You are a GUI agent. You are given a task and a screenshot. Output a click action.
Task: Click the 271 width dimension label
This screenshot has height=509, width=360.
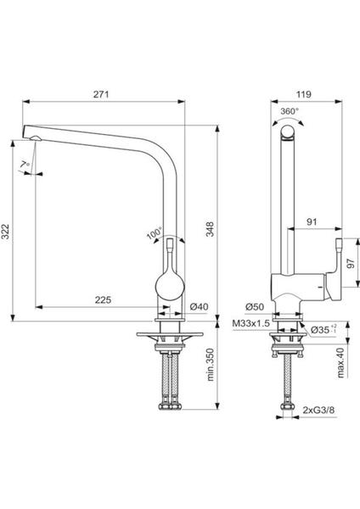[x=101, y=94]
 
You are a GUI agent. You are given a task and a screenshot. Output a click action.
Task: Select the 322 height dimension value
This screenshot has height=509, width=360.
[x=6, y=232]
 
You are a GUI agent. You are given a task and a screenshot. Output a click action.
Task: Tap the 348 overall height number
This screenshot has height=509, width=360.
[x=211, y=229]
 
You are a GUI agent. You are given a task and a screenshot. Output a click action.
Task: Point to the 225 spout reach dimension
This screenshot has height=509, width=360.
[x=103, y=299]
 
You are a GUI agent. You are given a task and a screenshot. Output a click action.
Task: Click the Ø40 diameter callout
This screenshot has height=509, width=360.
[x=199, y=307]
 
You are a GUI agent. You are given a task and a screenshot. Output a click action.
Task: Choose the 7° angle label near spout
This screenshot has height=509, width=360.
[x=25, y=165]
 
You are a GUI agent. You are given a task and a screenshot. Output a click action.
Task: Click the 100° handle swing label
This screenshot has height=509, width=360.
[x=154, y=233]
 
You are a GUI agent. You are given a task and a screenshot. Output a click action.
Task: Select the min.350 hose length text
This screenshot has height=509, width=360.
[x=211, y=365]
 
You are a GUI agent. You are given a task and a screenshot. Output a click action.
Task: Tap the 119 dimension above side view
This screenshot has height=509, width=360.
[x=304, y=94]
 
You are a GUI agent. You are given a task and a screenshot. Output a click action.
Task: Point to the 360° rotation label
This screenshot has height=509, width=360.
[x=290, y=111]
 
